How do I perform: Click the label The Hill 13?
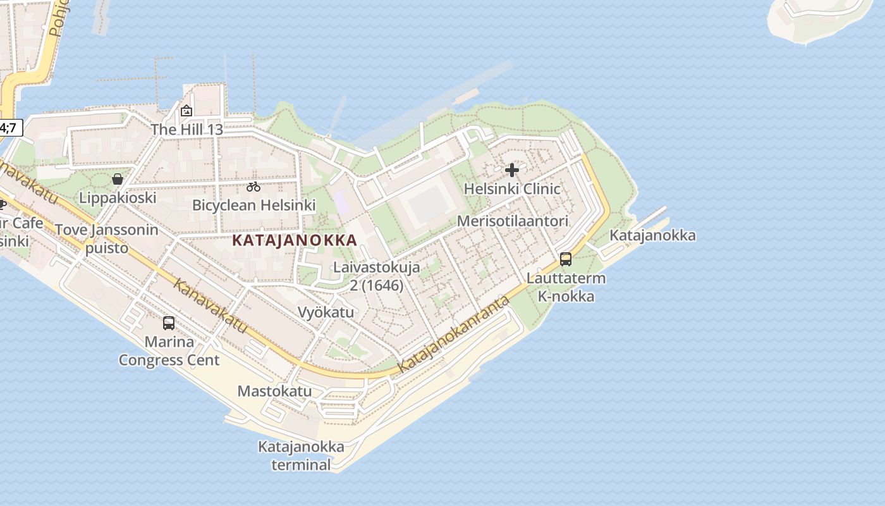(186, 130)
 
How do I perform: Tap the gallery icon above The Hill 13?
(186, 111)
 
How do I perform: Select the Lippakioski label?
(118, 198)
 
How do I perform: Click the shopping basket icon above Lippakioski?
(118, 179)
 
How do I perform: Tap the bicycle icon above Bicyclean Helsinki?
(253, 187)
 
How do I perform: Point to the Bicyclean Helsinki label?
(253, 205)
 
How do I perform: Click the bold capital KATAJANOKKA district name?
(295, 240)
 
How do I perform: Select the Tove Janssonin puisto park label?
(107, 238)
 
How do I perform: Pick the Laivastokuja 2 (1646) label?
(377, 276)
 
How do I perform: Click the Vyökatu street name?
(326, 312)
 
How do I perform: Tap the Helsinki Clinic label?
(512, 188)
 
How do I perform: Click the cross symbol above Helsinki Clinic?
(512, 170)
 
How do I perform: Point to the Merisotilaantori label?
(513, 221)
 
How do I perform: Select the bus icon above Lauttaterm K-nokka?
(566, 259)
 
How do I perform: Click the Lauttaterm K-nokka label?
(566, 287)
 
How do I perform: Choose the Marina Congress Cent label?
(169, 351)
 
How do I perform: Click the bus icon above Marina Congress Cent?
(169, 323)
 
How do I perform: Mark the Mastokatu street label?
(274, 391)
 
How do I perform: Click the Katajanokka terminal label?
(301, 456)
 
